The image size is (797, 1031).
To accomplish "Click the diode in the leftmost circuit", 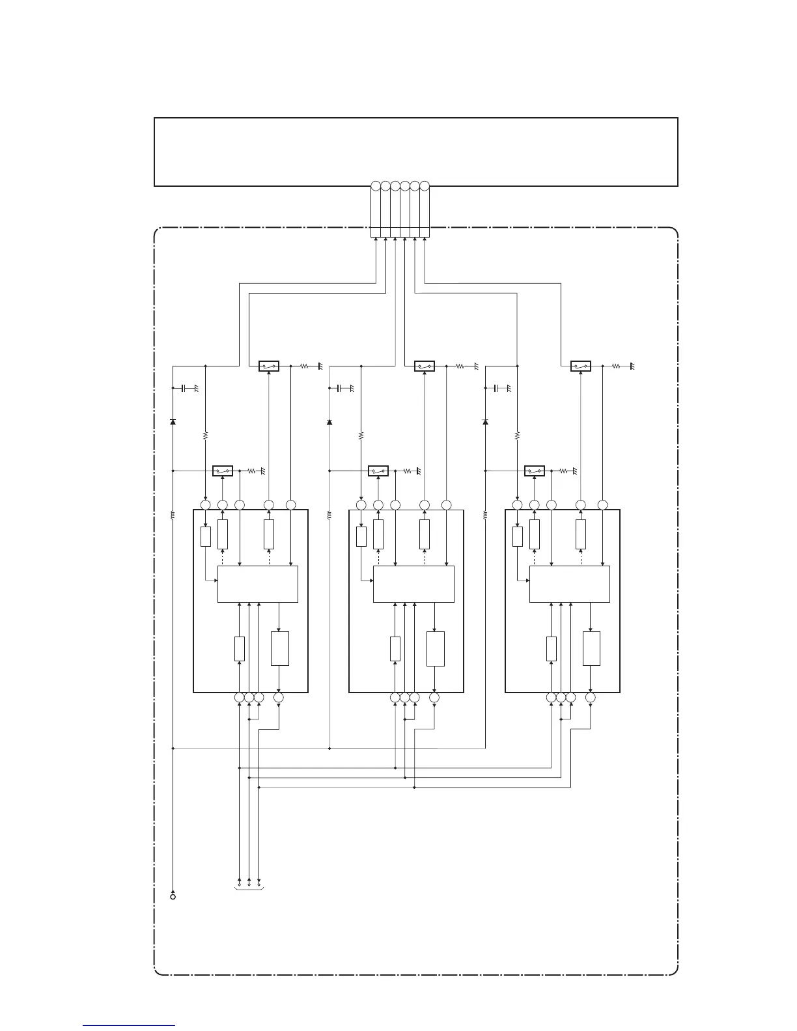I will (x=173, y=422).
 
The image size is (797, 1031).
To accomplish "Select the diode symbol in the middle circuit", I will (x=329, y=422).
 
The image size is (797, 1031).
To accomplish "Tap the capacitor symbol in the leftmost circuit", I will (x=184, y=388).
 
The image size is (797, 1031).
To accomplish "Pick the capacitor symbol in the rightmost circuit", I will (x=496, y=388).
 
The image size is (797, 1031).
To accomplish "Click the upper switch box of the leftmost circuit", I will (x=269, y=366).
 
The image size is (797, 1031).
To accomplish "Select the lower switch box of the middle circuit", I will (x=378, y=471).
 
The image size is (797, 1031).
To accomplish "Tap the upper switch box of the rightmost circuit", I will (x=580, y=366).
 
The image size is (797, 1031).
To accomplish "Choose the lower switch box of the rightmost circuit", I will (x=535, y=471).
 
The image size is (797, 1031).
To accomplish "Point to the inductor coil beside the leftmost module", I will (x=173, y=515).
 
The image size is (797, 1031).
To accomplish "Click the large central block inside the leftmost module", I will (x=257, y=584).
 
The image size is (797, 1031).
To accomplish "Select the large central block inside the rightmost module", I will (x=569, y=584).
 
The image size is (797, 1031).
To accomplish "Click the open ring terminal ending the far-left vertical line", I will (x=173, y=897).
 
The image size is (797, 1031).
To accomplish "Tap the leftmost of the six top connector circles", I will (x=376, y=186).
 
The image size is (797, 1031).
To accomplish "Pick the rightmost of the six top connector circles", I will (x=425, y=186).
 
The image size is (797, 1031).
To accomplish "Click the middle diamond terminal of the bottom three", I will (x=249, y=885).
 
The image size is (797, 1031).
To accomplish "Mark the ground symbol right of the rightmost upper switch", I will (x=631, y=367).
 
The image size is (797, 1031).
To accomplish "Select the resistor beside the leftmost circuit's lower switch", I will (x=253, y=471).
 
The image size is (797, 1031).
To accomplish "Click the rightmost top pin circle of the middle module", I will (x=446, y=504).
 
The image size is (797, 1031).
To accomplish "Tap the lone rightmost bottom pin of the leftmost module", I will (x=279, y=698).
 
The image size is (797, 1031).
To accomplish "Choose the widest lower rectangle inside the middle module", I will (x=436, y=648).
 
